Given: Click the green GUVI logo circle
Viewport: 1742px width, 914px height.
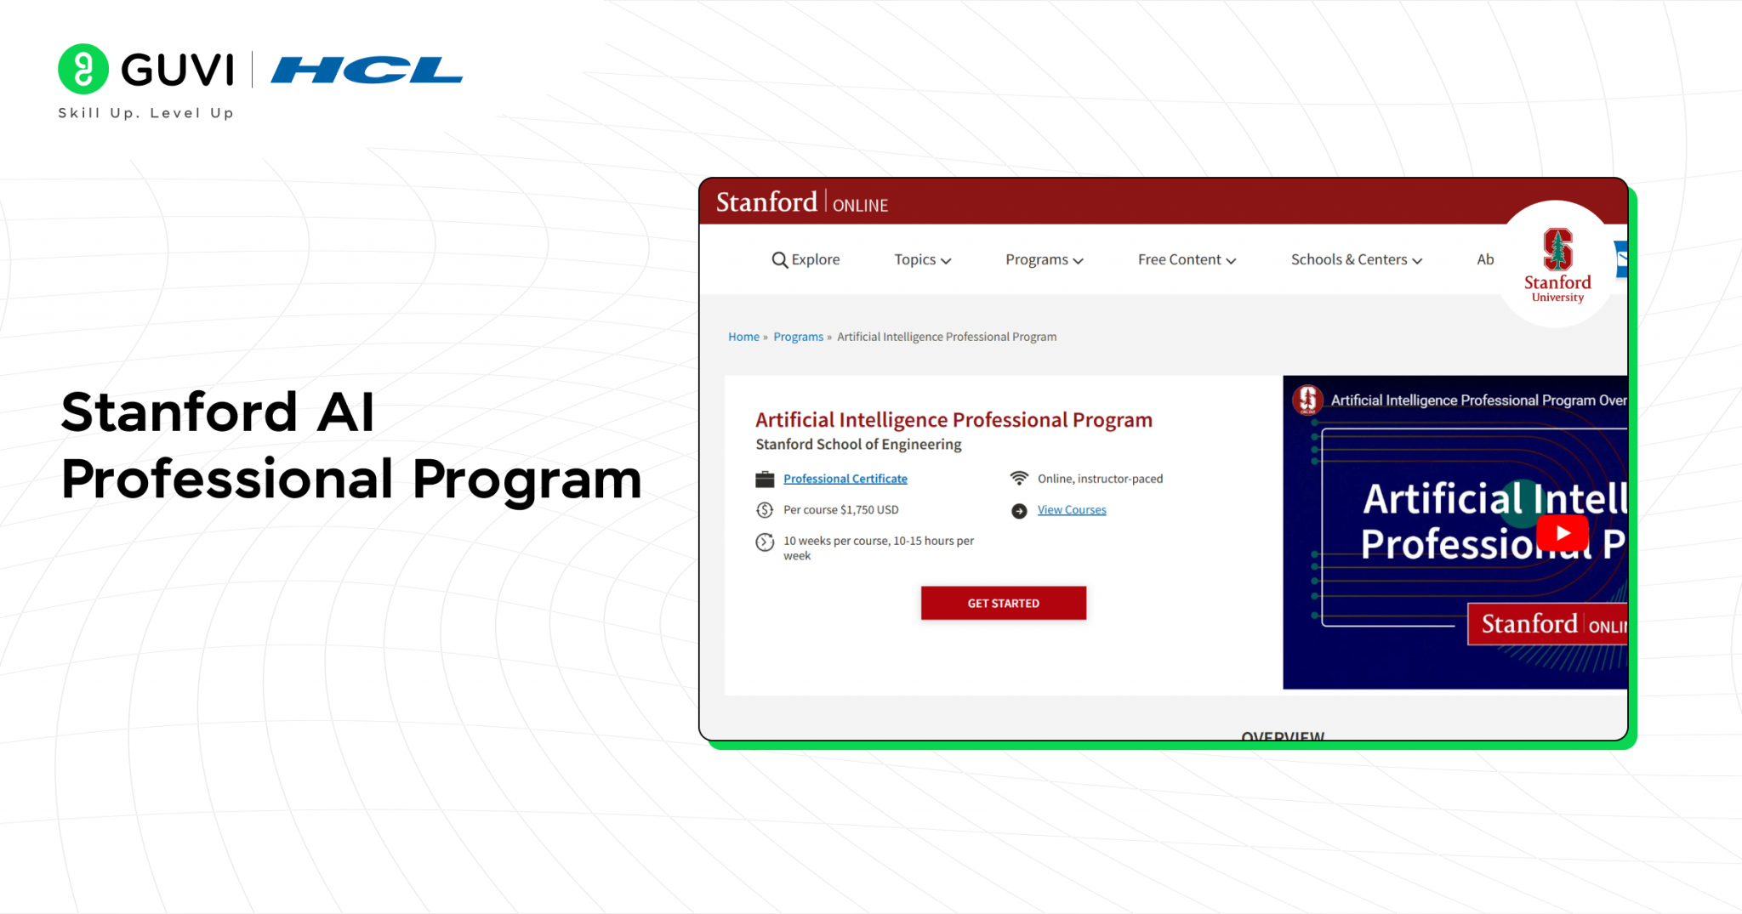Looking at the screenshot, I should point(83,69).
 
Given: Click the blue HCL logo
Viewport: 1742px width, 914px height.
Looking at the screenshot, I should point(367,70).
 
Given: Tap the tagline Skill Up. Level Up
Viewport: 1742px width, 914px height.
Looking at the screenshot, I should point(145,113).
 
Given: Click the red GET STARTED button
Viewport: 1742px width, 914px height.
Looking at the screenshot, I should point(1003,603).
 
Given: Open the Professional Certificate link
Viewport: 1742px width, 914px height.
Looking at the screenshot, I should point(845,479).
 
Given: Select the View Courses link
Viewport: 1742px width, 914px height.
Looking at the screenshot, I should point(1071,510).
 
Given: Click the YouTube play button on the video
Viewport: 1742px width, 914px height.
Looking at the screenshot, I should point(1562,533).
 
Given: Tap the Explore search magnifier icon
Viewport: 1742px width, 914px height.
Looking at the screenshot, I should point(779,260).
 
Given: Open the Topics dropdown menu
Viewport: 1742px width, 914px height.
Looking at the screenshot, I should point(922,260).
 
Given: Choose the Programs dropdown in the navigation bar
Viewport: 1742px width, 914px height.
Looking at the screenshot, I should point(1044,260).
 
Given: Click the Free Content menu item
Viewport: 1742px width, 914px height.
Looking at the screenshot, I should point(1187,260).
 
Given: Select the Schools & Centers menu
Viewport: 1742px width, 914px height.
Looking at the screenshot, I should point(1356,260).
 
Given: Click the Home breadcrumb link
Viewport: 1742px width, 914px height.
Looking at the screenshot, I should point(743,337).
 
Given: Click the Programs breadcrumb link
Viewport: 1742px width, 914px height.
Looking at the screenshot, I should point(798,337).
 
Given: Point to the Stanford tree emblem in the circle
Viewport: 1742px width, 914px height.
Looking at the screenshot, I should point(1557,249).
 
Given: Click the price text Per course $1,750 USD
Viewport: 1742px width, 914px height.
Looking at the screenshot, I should point(840,510).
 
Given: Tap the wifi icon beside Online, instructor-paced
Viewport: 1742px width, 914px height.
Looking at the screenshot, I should point(1019,479).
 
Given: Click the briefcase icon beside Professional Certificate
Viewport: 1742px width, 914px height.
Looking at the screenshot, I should point(765,480).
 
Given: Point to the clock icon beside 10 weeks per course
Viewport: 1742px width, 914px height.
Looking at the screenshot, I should point(765,542).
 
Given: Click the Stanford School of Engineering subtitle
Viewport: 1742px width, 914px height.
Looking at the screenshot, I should point(858,445).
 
